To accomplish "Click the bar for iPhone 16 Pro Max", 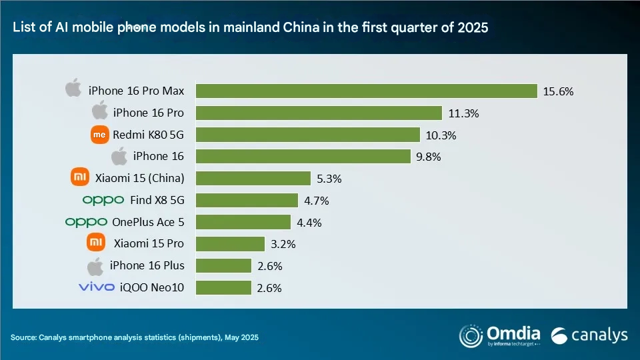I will click(366, 91).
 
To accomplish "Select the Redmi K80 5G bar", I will click(307, 135).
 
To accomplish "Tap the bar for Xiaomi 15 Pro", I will click(230, 243).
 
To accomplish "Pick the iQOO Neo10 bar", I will click(223, 287).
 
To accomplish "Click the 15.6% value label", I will click(559, 91).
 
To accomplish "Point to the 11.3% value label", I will click(464, 113).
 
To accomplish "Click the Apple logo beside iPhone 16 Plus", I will click(97, 265).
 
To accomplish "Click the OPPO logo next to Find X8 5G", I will click(103, 200).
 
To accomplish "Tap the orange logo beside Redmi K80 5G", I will click(99, 135).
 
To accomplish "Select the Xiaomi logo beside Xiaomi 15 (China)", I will click(79, 178).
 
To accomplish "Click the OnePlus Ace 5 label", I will click(149, 222).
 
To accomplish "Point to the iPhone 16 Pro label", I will click(149, 113).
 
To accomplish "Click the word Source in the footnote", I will click(24, 337).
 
